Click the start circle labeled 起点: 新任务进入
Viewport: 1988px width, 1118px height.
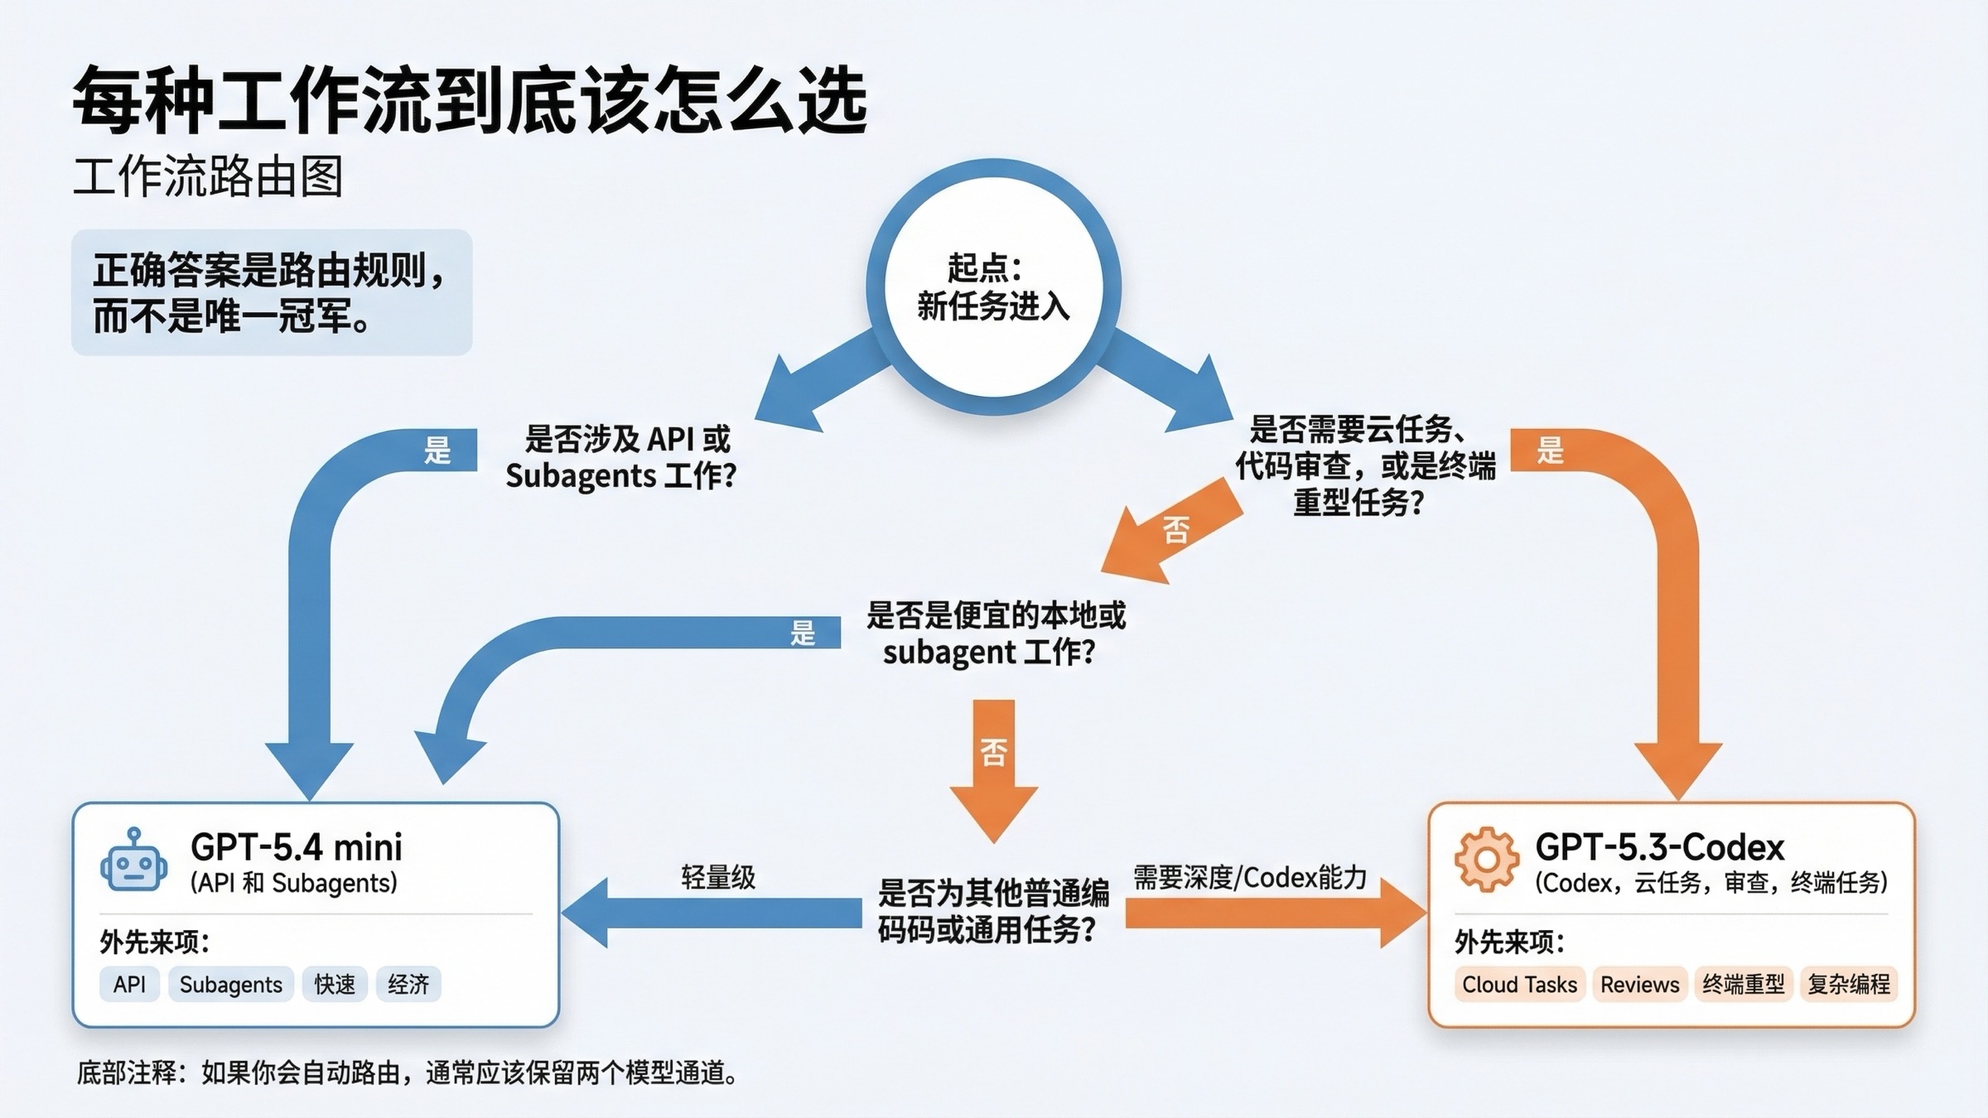click(x=993, y=287)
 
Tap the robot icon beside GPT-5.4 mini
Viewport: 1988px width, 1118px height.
click(x=133, y=861)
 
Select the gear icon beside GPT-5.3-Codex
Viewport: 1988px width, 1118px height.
click(x=1487, y=860)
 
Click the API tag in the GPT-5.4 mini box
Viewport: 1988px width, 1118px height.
click(x=129, y=985)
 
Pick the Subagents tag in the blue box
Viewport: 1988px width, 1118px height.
click(x=230, y=985)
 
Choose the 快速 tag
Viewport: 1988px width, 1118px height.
click(x=335, y=985)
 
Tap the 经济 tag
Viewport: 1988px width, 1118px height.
click(x=408, y=985)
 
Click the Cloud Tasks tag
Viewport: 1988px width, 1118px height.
click(x=1519, y=985)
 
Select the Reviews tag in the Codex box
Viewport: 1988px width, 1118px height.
click(x=1639, y=985)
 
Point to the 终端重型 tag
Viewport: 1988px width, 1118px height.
click(x=1744, y=985)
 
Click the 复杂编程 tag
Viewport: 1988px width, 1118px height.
click(x=1849, y=985)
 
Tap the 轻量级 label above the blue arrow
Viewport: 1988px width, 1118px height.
click(x=718, y=878)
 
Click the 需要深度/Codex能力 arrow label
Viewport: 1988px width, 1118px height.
click(x=1250, y=878)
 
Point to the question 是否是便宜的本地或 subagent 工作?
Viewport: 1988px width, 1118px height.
click(x=994, y=634)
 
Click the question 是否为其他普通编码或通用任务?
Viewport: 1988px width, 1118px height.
click(x=992, y=912)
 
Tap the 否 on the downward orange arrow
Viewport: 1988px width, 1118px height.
click(x=993, y=752)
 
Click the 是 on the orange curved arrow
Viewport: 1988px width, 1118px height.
click(x=1550, y=451)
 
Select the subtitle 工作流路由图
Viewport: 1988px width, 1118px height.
click(x=208, y=176)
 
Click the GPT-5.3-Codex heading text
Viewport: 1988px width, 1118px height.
click(x=1659, y=847)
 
